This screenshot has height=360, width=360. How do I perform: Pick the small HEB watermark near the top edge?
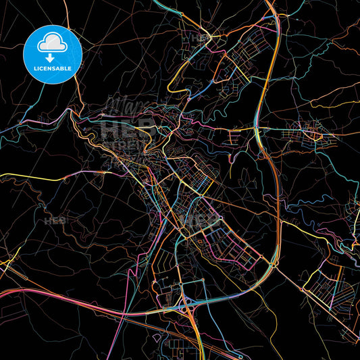201,38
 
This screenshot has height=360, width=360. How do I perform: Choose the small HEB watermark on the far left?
53,220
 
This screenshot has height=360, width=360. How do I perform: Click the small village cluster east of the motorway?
312,132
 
